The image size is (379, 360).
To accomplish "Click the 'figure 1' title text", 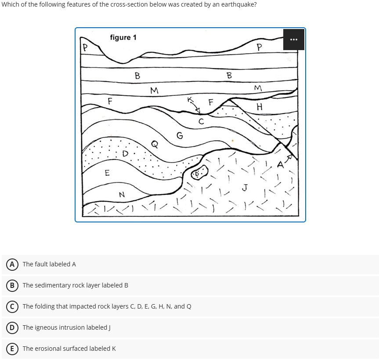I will pyautogui.click(x=123, y=37).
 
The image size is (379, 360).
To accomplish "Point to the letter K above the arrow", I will pyautogui.click(x=190, y=100).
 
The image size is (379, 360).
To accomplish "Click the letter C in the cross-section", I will pyautogui.click(x=201, y=121).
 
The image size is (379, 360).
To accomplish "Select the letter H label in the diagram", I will pyautogui.click(x=259, y=107).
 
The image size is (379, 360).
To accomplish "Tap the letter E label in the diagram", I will pyautogui.click(x=107, y=173).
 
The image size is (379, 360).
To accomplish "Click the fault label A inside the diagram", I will pyautogui.click(x=280, y=164).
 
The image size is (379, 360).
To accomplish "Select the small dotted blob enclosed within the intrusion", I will pyautogui.click(x=199, y=174).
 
